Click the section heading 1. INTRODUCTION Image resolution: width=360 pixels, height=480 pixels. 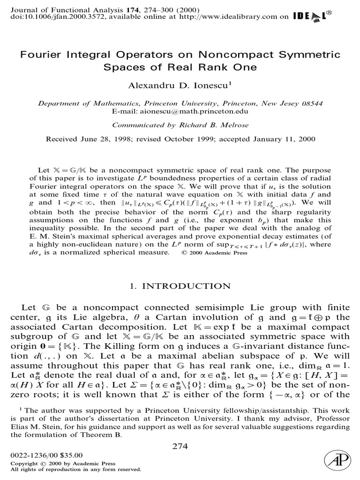click(x=180, y=286)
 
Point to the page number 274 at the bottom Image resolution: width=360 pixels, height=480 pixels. click(x=180, y=446)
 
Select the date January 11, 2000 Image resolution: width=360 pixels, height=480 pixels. click(x=286, y=139)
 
